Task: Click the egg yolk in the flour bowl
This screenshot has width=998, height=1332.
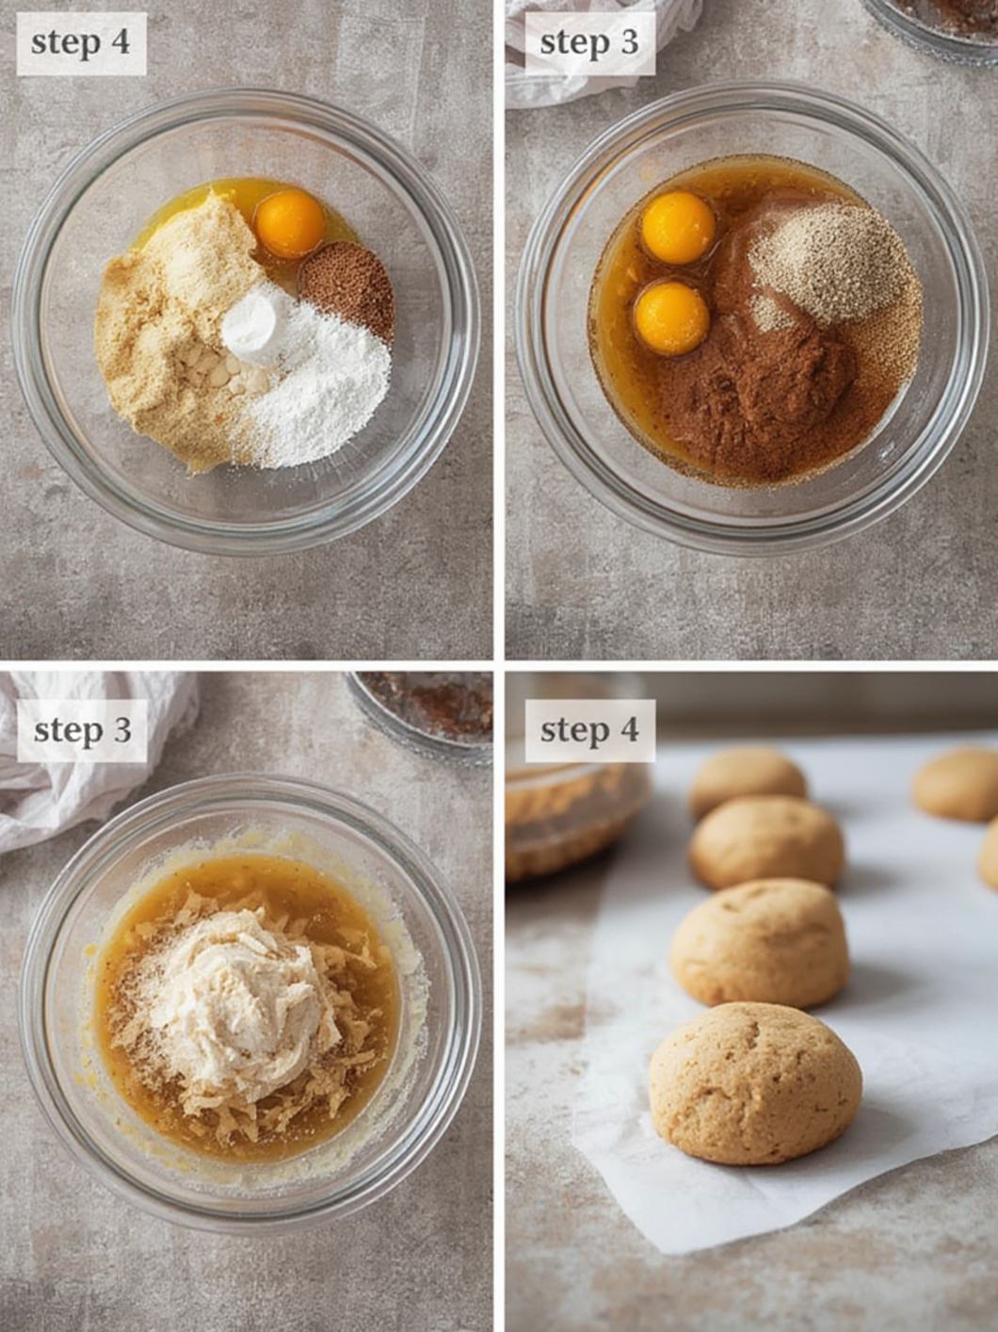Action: pos(289,223)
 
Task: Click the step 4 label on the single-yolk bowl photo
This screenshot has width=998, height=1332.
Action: pos(81,43)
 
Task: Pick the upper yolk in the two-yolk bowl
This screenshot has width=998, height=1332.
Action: pos(678,227)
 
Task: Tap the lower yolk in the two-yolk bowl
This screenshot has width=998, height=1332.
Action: pos(671,317)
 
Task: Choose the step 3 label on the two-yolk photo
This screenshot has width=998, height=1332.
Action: pos(589,43)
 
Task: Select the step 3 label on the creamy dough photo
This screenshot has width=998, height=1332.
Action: pos(83,731)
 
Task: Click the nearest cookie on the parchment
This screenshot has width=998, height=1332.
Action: pos(755,1082)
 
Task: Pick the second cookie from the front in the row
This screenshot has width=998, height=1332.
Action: pos(760,942)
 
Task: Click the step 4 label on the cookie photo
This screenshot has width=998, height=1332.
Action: pos(589,731)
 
